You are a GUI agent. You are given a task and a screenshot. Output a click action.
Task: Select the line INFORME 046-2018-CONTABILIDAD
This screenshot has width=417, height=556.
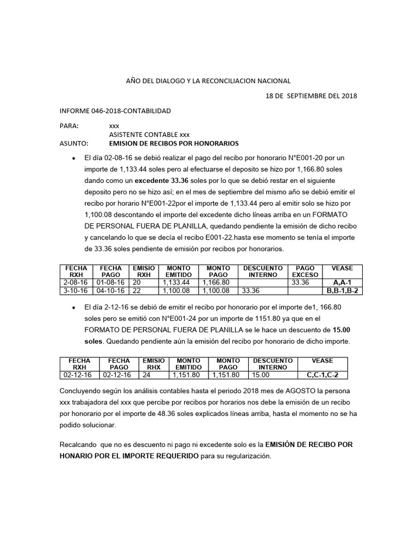[x=115, y=111]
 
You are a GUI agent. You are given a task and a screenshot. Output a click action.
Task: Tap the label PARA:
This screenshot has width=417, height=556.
[x=69, y=126]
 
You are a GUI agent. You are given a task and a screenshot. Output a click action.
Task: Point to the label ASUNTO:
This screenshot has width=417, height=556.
[x=73, y=144]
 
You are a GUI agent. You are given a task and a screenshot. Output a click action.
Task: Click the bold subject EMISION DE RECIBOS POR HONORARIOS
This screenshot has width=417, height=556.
[x=174, y=144]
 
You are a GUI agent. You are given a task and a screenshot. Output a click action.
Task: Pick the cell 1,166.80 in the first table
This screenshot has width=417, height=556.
[x=216, y=283]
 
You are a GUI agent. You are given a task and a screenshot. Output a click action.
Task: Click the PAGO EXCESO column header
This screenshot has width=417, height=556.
[x=305, y=271]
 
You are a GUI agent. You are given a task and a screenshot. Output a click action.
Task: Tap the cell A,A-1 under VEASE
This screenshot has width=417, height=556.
[x=342, y=283]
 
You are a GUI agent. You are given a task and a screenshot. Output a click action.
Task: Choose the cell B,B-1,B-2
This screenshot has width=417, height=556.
[x=342, y=290]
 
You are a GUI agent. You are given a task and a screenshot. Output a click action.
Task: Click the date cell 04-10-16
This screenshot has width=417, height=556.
[x=110, y=290]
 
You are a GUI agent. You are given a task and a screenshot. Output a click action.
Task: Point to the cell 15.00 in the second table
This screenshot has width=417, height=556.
[x=261, y=375]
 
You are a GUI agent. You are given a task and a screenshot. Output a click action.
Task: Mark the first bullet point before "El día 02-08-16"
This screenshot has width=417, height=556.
[x=73, y=158]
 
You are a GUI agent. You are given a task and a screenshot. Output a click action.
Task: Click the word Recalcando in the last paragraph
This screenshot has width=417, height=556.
[x=77, y=445]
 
